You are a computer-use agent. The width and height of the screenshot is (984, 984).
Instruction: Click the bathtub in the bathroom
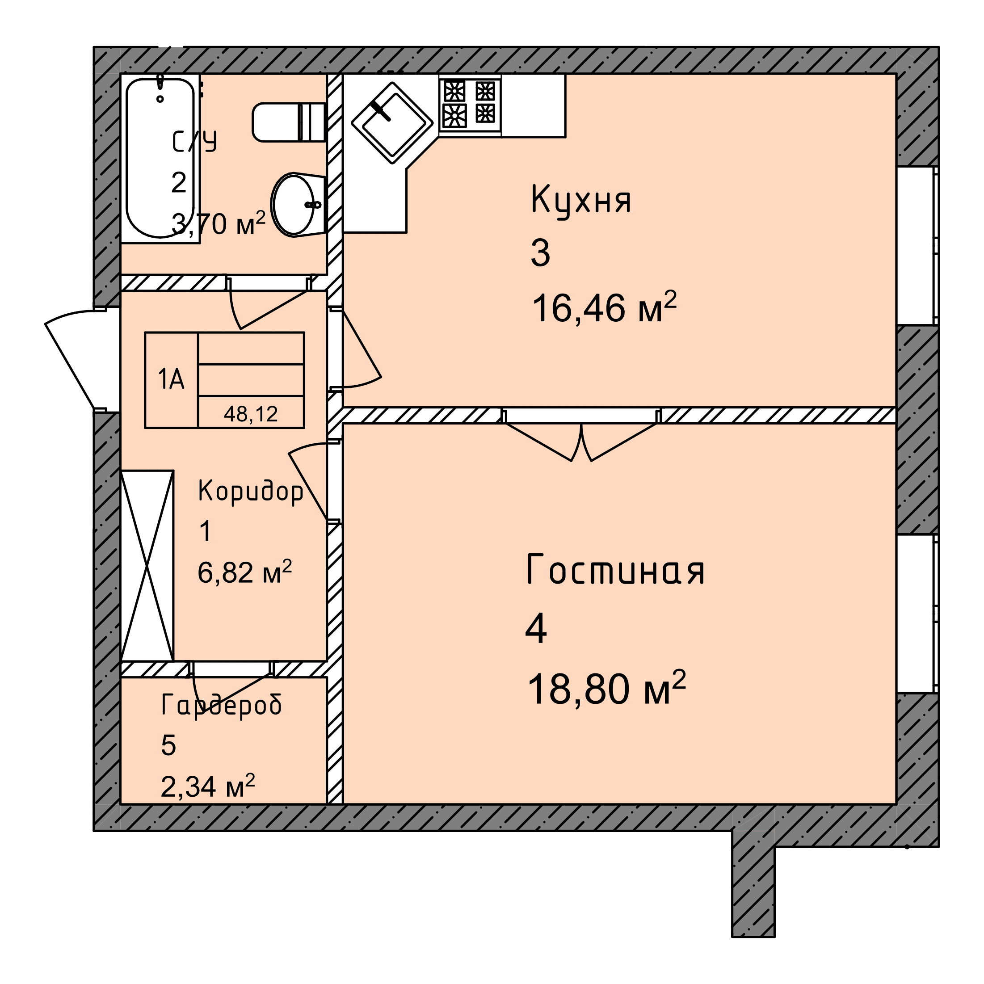160,158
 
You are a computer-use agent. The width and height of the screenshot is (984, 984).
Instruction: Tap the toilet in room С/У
289,122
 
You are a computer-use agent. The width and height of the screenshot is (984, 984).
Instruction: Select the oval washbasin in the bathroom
298,205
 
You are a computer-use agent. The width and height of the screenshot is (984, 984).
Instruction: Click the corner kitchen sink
392,123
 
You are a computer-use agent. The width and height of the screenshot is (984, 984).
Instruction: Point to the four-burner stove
470,105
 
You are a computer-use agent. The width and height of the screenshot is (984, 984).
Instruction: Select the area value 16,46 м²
604,307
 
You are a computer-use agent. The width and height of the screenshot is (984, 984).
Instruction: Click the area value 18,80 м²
606,688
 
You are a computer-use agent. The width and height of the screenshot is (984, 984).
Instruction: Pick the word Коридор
251,492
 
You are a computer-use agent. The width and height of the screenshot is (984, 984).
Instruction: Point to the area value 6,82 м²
244,572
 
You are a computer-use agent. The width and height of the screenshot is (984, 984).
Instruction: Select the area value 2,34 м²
207,786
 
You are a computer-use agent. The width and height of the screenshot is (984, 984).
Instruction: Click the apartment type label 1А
171,379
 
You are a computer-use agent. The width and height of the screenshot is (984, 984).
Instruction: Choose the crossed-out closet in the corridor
147,565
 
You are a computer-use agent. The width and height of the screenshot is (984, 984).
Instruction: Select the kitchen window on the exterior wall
917,245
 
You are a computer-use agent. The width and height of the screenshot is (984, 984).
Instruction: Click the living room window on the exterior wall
917,613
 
